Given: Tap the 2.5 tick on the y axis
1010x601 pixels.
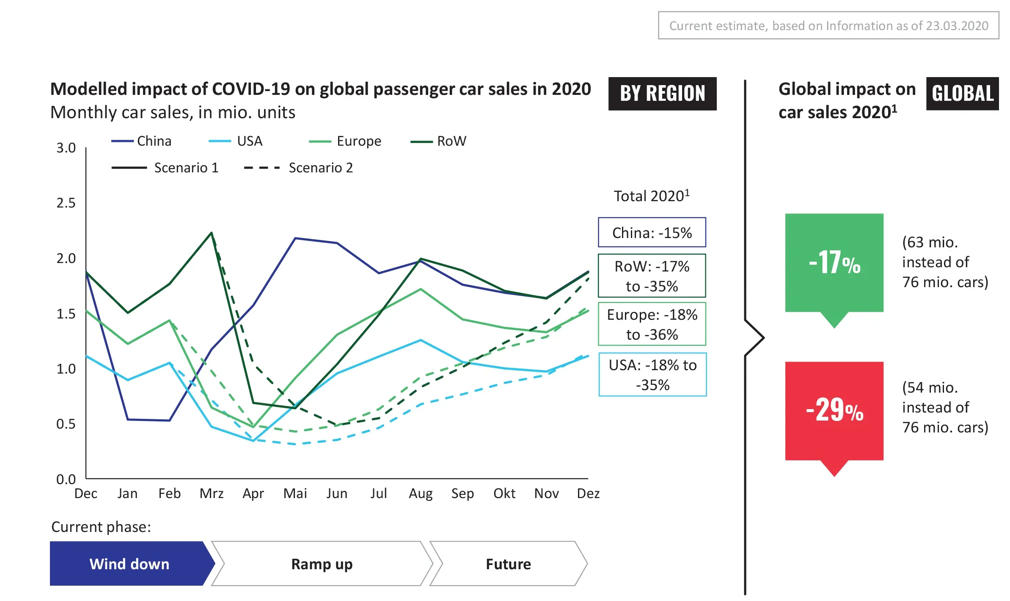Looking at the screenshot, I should [66, 203].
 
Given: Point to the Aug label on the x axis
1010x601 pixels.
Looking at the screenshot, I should [421, 493].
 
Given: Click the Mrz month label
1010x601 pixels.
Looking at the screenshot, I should [212, 493].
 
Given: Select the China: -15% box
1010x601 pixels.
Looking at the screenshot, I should [652, 233].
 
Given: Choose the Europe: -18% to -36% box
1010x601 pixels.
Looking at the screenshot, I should [652, 324].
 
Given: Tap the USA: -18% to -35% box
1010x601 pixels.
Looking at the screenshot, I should [652, 374].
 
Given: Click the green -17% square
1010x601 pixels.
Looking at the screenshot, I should [834, 263].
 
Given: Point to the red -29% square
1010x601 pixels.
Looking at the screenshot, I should [834, 410].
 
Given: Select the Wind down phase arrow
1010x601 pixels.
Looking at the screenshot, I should [129, 564].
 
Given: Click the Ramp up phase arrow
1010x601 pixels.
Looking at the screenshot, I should [322, 564].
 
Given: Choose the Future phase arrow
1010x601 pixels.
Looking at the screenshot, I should [508, 564].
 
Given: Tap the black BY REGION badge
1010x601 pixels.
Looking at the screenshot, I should [662, 94].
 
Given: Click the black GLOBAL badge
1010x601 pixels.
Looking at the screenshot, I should [962, 94].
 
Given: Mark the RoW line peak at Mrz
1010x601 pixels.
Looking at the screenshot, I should [212, 233].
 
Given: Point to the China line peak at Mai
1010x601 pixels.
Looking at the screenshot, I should [295, 238].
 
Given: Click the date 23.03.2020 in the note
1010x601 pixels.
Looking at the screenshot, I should [957, 26].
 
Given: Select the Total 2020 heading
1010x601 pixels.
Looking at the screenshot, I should [652, 196].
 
